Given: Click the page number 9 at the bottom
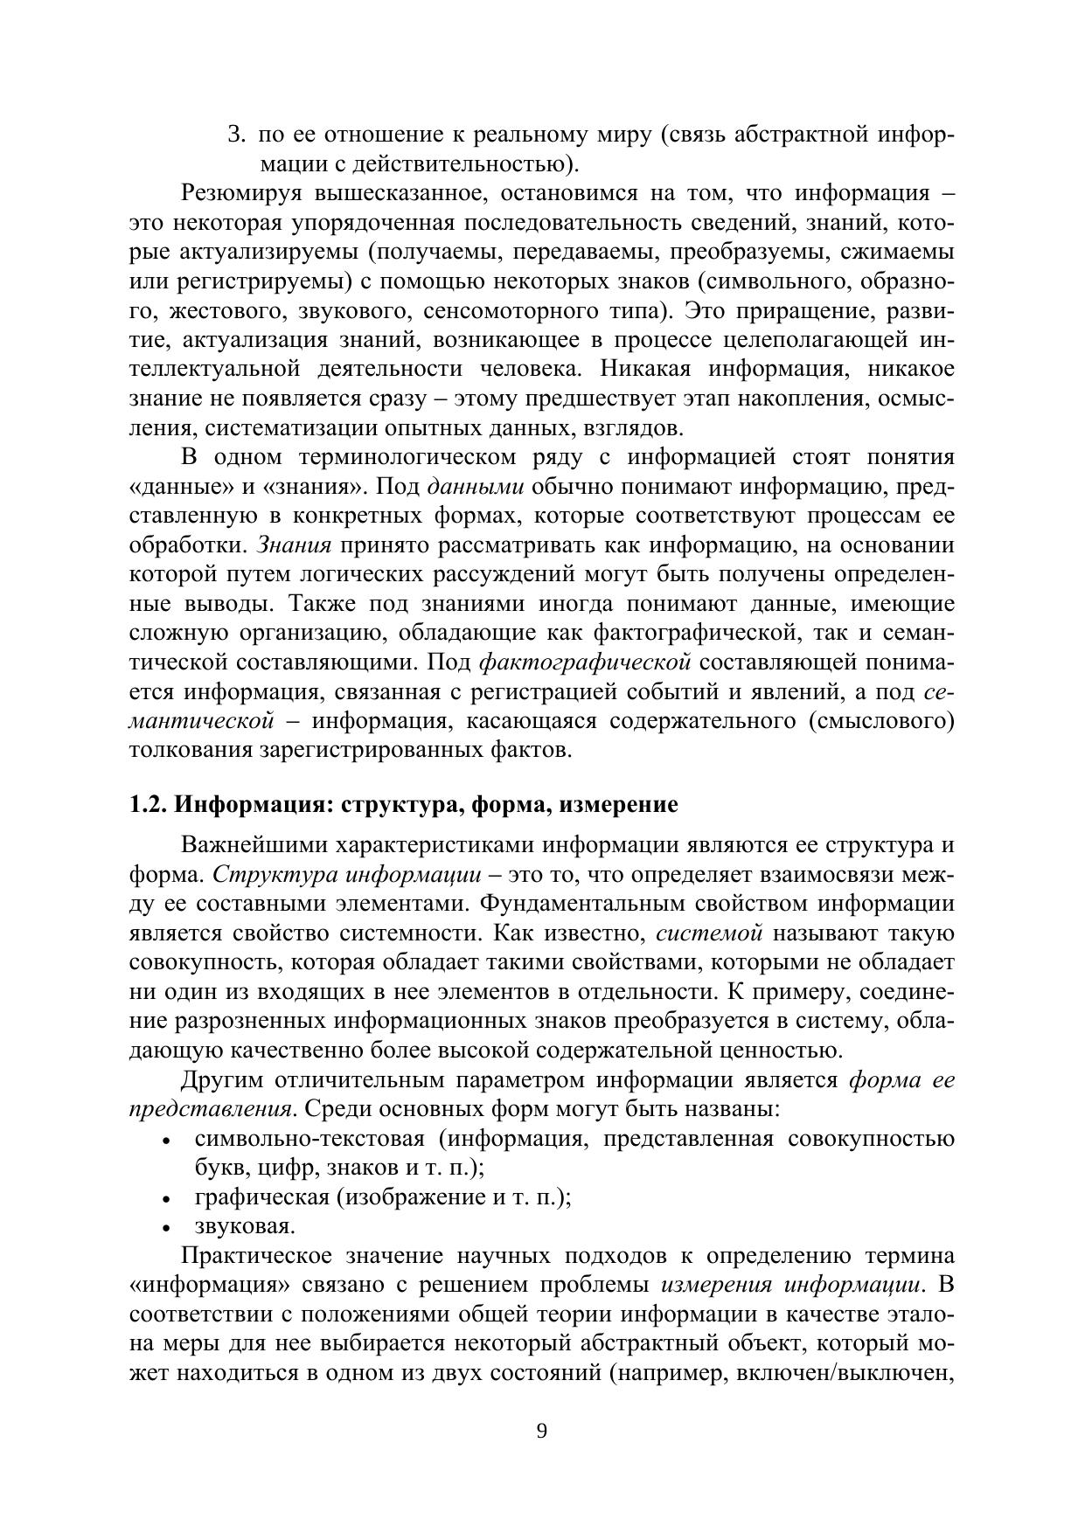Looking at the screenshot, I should point(542,1431).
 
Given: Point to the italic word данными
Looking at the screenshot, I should point(476,487).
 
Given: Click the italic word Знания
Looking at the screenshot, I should point(294,545).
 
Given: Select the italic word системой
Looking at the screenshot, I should point(709,933).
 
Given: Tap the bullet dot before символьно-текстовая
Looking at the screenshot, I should point(166,1141).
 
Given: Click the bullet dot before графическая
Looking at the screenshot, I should point(166,1199).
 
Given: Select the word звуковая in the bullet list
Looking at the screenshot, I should point(244,1226).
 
